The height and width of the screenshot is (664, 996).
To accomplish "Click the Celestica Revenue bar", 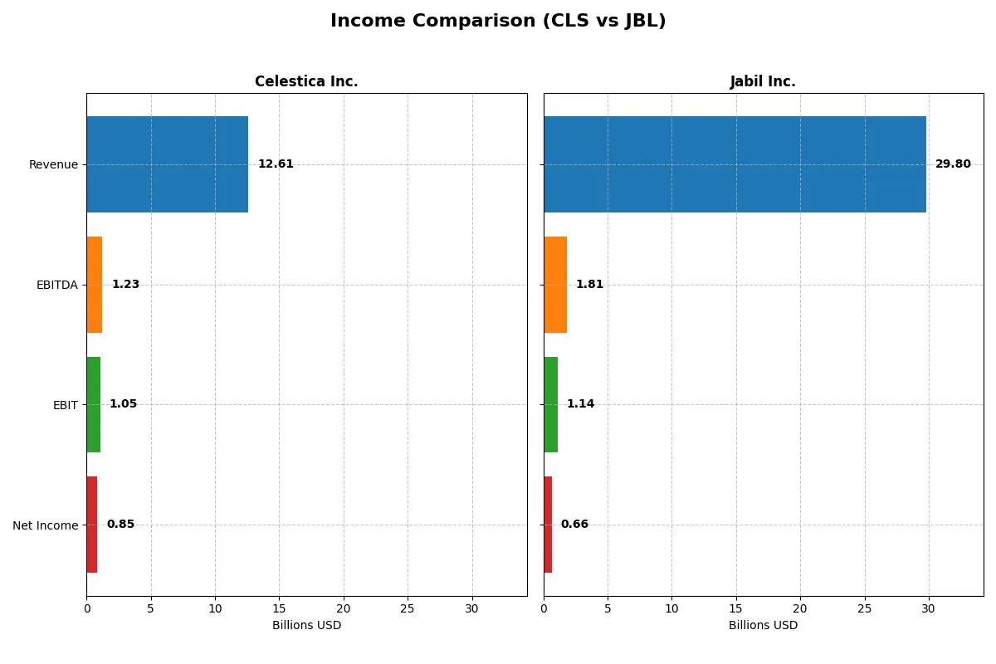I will click(167, 164).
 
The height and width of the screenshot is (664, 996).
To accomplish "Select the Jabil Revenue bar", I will click(735, 164).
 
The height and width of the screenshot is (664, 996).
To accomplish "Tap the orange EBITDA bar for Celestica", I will click(95, 285).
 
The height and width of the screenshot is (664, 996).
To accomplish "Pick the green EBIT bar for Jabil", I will click(551, 404).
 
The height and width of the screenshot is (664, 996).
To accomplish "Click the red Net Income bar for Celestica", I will click(92, 525).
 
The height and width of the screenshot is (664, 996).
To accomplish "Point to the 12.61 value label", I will click(276, 164).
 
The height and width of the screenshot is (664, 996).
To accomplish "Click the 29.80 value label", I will click(953, 164).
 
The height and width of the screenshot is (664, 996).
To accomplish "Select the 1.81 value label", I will click(589, 285).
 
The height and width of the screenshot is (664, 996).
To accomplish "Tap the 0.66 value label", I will click(574, 525).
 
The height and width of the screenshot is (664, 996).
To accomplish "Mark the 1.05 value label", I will click(123, 404).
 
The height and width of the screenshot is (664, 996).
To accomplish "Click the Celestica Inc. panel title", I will click(306, 81).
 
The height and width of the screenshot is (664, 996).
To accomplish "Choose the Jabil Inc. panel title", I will click(763, 81).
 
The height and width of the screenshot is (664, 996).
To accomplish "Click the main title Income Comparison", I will click(498, 22).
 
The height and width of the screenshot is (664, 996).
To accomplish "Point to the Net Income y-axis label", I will click(45, 525).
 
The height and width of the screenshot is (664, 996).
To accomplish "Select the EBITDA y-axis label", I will click(56, 285).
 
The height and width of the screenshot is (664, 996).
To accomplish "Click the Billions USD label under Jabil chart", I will click(763, 625).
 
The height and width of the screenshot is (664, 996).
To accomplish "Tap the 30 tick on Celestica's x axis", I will click(472, 608).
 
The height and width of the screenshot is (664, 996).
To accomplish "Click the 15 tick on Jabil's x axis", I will click(736, 608).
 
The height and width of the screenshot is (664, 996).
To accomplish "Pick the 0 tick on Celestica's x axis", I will click(86, 608).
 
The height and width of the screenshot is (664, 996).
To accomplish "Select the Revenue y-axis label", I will click(53, 164).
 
